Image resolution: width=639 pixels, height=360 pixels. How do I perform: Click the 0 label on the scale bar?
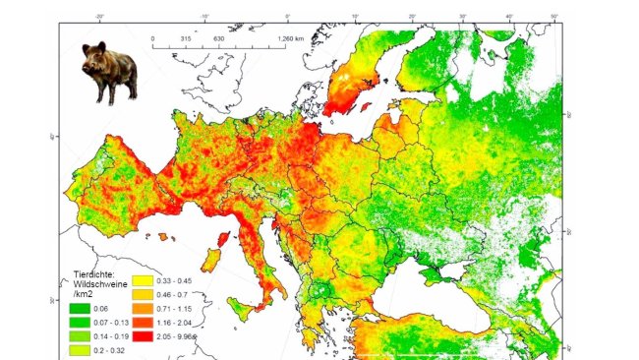(x=154, y=38)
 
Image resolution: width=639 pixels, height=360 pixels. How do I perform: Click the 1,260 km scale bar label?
(x=292, y=38)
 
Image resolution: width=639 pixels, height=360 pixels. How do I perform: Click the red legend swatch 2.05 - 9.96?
(x=139, y=334)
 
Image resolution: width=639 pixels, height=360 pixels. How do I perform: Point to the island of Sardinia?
(x=209, y=261)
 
